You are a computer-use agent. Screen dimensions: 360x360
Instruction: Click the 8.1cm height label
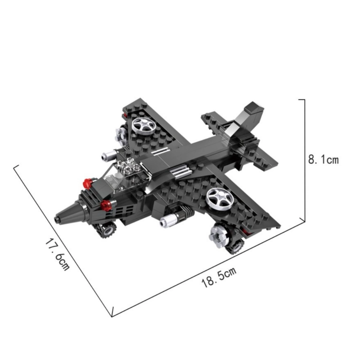[x=323, y=159]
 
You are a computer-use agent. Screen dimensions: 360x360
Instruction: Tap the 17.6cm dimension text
[x=57, y=255]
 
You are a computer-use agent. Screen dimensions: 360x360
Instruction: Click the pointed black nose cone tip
[x=57, y=219]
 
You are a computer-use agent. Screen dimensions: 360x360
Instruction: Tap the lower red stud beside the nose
[x=106, y=205]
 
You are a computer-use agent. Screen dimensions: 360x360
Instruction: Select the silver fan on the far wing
[x=143, y=126]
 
